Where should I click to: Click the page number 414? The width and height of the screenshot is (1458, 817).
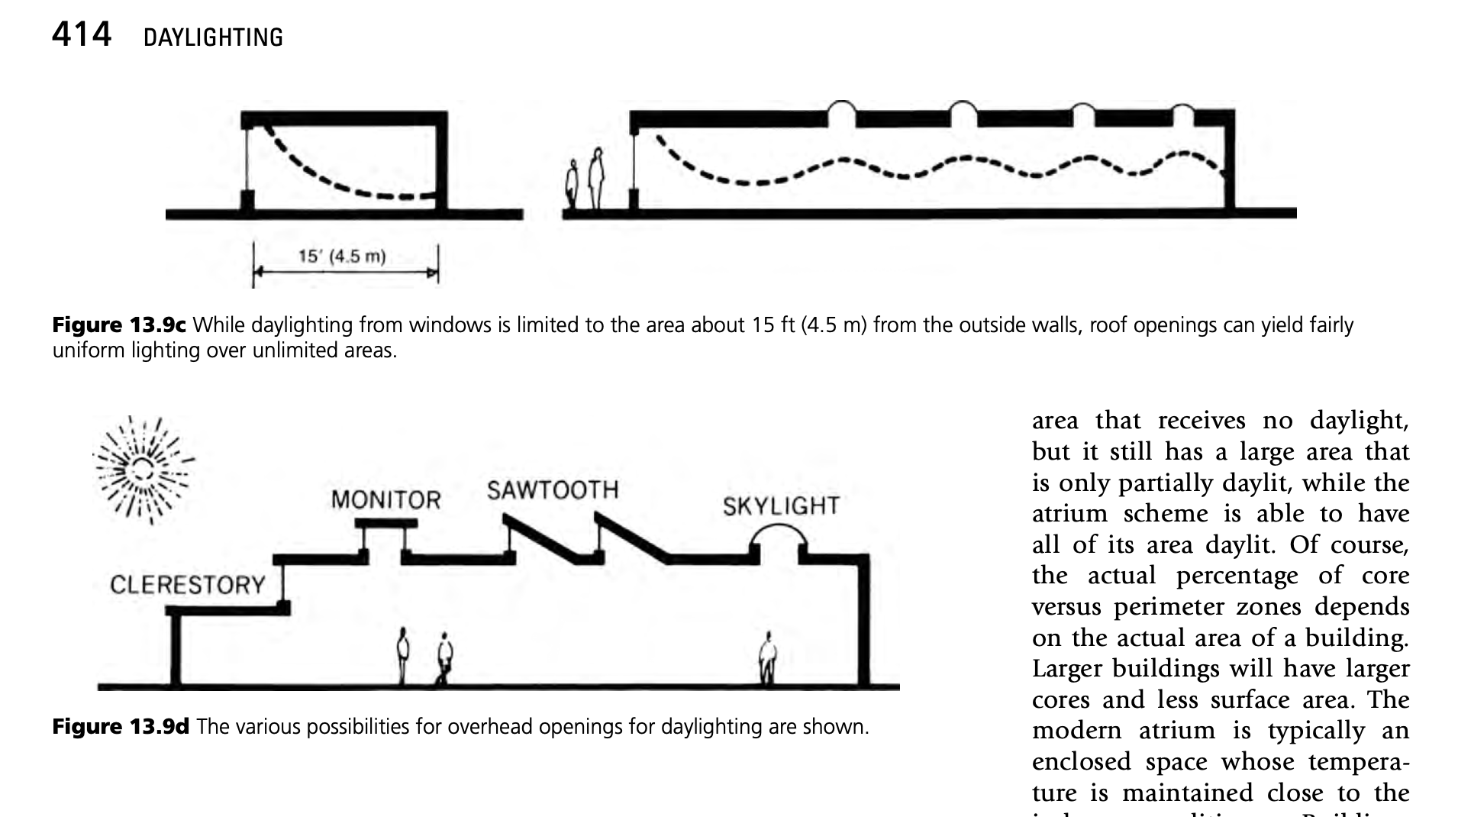point(82,35)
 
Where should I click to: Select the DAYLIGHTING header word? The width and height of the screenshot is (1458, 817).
point(213,37)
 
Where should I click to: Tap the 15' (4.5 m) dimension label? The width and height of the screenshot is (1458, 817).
point(341,257)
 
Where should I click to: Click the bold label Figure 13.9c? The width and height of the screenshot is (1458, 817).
point(119,325)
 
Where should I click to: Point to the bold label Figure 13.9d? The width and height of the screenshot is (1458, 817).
point(121,726)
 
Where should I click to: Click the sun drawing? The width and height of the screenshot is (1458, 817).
point(144,468)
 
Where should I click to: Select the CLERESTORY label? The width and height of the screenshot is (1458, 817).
point(188,585)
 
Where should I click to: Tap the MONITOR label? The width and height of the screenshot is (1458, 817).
point(385,500)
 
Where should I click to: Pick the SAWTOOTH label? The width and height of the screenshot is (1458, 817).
point(553,490)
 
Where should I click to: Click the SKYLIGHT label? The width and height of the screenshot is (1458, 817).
point(781,506)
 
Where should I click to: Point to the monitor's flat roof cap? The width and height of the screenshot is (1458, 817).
point(387,523)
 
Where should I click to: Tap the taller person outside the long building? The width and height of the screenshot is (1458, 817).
point(596,179)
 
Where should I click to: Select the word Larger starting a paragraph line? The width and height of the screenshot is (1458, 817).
point(1067,669)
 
